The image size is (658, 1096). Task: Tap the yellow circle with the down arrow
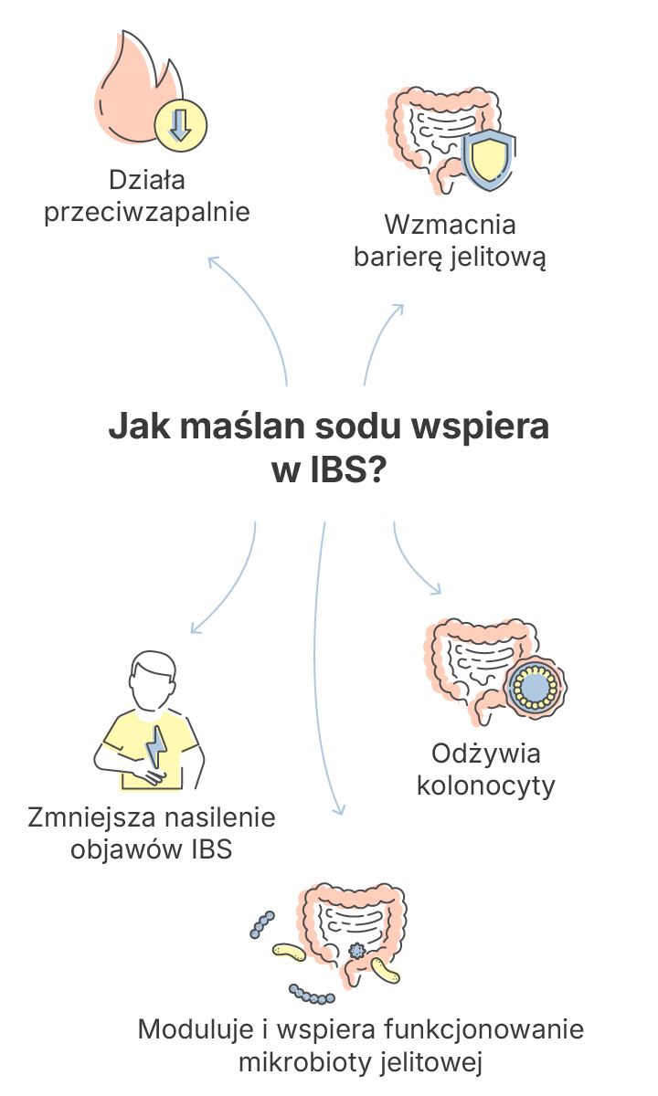tap(181, 126)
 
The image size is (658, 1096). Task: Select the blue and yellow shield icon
tap(489, 159)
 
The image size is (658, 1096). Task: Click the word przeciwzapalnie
tap(147, 212)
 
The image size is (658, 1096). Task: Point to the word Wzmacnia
tap(450, 225)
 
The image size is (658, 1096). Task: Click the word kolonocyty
tap(485, 785)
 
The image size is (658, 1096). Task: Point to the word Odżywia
tap(485, 753)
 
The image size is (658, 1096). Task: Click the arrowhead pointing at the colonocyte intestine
tap(435, 589)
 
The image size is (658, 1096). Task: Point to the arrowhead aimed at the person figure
tap(195, 627)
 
